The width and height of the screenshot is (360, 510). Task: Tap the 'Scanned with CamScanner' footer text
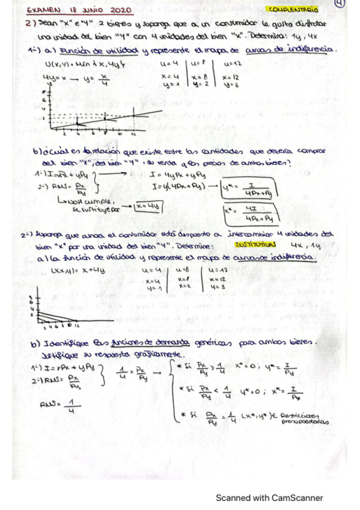(x=270, y=497)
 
